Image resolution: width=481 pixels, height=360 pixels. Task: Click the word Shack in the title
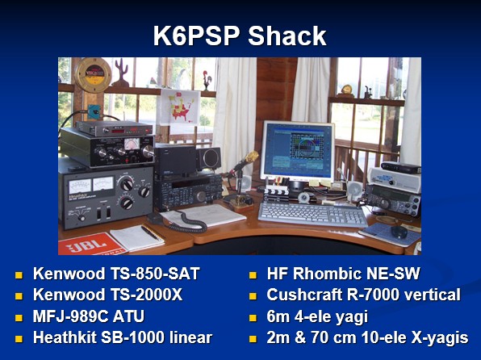[x=287, y=36]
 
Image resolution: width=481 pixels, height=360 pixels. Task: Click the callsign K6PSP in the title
[x=196, y=36]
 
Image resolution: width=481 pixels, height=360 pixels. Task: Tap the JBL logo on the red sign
[x=87, y=245]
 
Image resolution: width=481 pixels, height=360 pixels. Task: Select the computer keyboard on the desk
[x=313, y=214]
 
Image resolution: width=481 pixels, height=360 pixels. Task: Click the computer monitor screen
[x=297, y=151]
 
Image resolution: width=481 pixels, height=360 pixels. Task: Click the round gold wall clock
[x=93, y=74]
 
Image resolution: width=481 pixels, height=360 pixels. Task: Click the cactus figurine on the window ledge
[x=120, y=73]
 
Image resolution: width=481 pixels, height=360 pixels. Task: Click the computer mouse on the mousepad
[x=399, y=232]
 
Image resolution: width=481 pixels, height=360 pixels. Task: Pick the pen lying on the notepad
[x=152, y=233]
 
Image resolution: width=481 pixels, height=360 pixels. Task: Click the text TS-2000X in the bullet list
[x=144, y=295]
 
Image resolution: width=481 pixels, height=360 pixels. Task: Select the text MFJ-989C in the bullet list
[x=70, y=316]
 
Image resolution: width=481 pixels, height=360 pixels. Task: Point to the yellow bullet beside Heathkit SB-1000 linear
[x=19, y=338]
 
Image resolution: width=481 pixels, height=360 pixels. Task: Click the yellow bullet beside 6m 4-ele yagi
[x=253, y=317]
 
